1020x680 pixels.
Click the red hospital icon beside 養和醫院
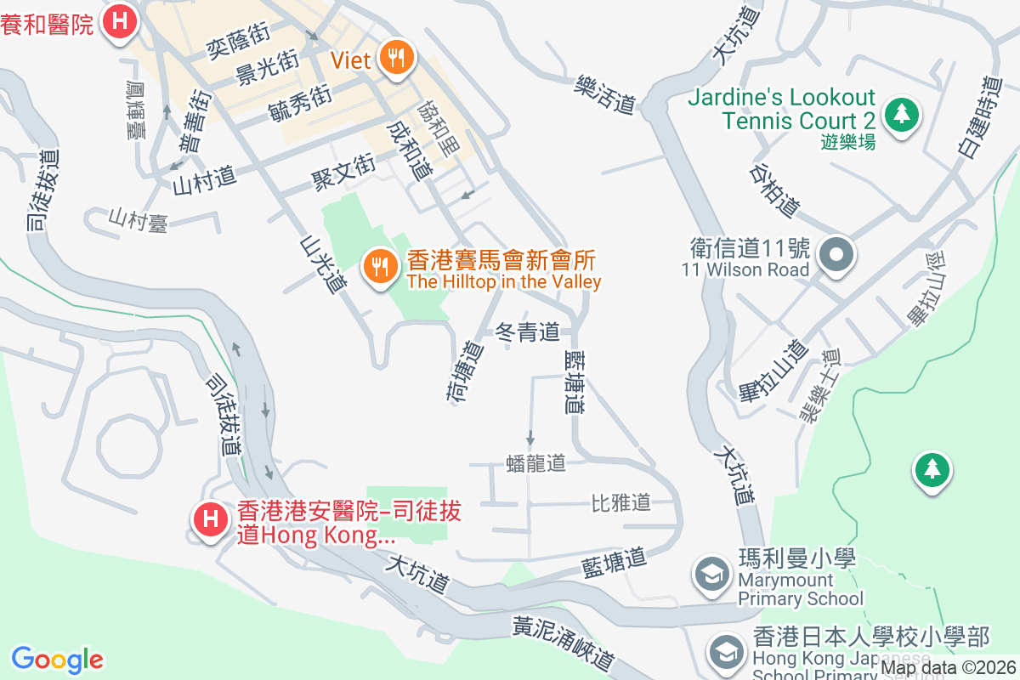(120, 20)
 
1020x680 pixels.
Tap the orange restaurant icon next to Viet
(395, 59)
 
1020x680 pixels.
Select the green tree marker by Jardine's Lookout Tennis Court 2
(902, 114)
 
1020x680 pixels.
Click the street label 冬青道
(527, 331)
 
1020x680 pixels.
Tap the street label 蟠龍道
(535, 463)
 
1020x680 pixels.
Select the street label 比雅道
(620, 502)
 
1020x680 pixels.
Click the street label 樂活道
(605, 94)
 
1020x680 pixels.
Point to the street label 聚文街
(343, 171)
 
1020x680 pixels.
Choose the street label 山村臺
(138, 220)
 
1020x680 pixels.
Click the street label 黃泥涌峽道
(562, 642)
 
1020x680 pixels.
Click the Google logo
(58, 660)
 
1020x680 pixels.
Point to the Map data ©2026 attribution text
(948, 668)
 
